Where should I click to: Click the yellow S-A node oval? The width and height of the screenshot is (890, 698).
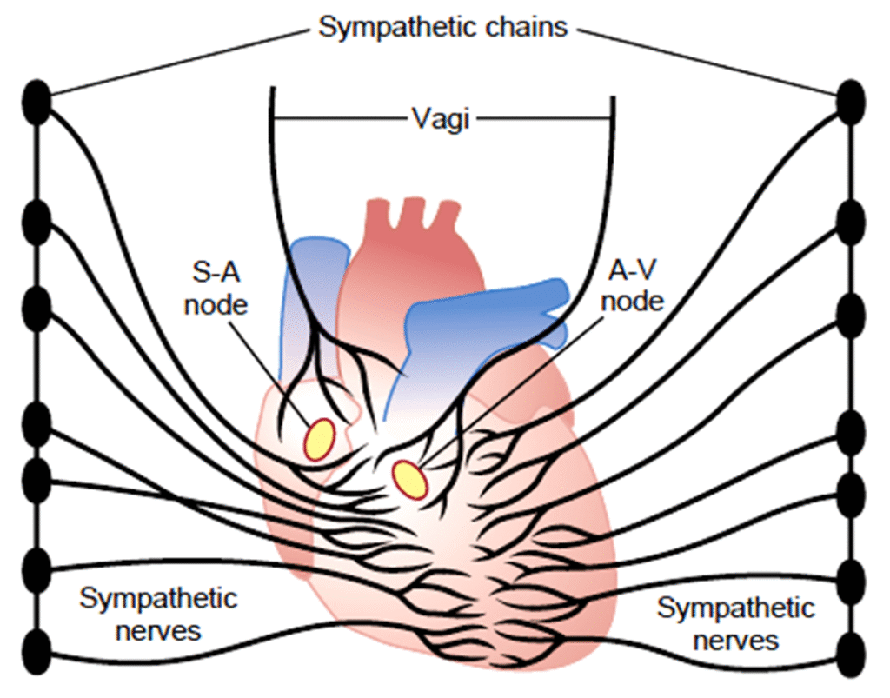point(319,438)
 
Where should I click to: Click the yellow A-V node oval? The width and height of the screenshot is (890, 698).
point(409,479)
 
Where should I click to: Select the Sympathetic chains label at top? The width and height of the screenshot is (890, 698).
point(443,27)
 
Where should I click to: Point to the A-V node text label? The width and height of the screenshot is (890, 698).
point(633,288)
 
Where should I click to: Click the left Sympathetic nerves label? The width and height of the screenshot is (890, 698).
point(158,614)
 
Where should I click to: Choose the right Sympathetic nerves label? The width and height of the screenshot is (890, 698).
point(735,623)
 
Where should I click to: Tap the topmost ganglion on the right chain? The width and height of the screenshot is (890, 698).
point(852,99)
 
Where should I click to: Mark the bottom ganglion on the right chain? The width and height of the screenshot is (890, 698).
point(852,650)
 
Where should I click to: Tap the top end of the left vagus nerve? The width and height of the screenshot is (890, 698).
point(272,90)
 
